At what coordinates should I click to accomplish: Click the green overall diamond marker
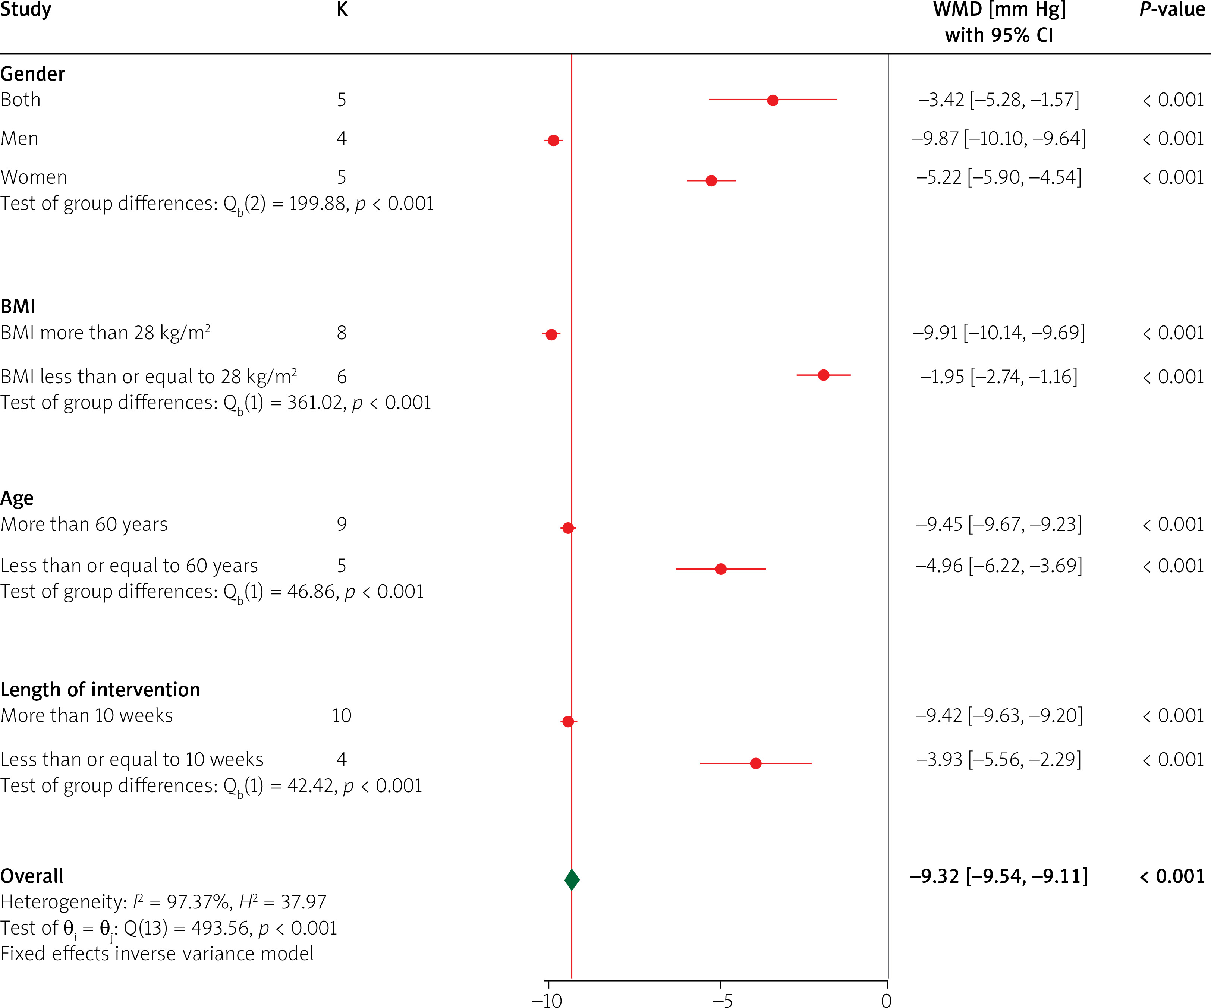coord(572,879)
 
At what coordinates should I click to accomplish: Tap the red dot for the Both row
coord(773,100)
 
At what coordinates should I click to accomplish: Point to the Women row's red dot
coord(711,180)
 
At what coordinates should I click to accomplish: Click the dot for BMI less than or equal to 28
coord(824,375)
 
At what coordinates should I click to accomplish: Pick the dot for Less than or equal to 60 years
coord(721,568)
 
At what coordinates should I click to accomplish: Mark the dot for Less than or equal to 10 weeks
coord(755,763)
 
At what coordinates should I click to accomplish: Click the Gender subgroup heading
coord(32,74)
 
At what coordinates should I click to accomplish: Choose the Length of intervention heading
coord(100,689)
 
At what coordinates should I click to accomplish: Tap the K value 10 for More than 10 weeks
coord(342,716)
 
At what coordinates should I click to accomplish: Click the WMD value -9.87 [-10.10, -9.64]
coord(998,138)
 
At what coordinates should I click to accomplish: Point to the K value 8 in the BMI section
coord(342,333)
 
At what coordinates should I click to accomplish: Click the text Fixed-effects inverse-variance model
coord(157,954)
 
